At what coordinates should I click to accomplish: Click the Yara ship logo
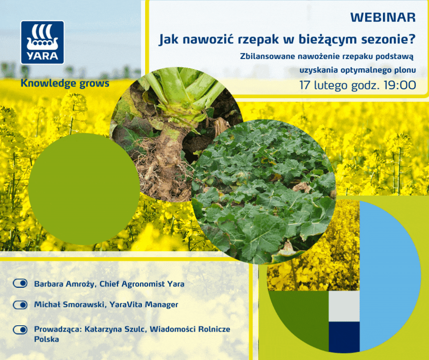[42, 42]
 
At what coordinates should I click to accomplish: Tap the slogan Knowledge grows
[65, 84]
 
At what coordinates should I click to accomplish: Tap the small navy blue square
[344, 337]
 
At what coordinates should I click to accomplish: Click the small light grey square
[344, 307]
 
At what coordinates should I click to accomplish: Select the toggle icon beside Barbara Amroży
[21, 284]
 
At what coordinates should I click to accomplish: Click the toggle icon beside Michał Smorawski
[21, 304]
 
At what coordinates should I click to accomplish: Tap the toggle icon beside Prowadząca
[21, 329]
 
